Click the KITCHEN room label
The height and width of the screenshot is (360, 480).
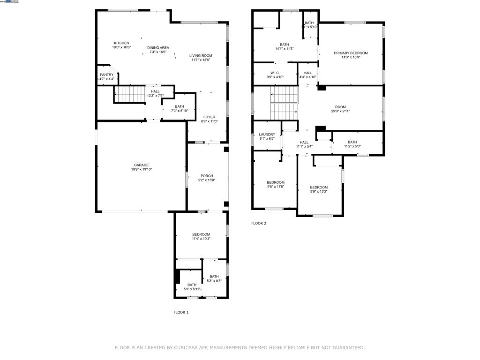121,43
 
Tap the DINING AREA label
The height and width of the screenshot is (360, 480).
158,47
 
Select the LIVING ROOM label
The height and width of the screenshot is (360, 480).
201,56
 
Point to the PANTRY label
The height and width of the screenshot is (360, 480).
106,75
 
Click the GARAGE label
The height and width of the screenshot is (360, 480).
141,165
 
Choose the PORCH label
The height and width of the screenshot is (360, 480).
207,176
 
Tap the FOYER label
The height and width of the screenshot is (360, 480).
209,117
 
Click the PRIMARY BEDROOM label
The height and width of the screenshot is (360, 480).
351,53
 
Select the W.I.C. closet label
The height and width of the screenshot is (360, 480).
275,73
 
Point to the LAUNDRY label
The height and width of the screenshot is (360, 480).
267,135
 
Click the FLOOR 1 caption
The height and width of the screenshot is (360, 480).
181,312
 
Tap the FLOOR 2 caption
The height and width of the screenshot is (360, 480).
259,224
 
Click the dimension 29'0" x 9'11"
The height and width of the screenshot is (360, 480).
340,111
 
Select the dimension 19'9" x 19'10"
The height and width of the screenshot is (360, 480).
141,169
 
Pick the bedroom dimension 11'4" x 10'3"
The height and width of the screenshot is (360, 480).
201,239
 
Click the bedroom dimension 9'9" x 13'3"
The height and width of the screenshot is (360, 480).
319,191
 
